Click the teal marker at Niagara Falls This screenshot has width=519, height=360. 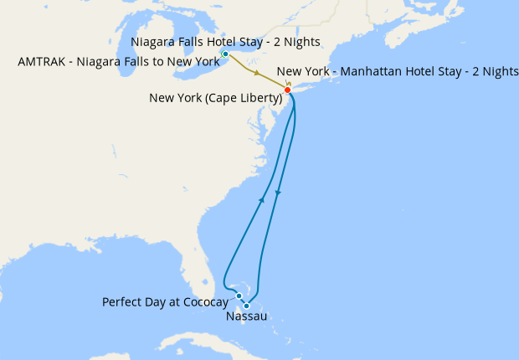click(x=224, y=54)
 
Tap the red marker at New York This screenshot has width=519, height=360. click(x=287, y=90)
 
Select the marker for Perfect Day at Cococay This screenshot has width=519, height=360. click(x=239, y=296)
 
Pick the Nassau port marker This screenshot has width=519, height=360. click(x=246, y=306)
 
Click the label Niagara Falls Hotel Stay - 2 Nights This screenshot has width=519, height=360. click(x=226, y=43)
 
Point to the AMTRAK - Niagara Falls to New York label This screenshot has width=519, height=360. click(x=118, y=61)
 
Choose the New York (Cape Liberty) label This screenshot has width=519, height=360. click(x=215, y=98)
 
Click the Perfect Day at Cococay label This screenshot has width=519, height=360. click(x=165, y=301)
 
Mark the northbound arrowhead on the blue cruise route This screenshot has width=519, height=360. click(x=263, y=200)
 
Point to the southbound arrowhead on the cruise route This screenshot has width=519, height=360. click(x=277, y=193)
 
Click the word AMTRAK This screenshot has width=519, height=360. click(x=43, y=61)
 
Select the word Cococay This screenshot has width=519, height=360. click(x=203, y=301)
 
